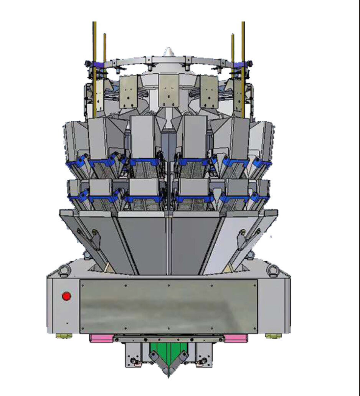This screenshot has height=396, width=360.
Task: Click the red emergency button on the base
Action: (x=67, y=296)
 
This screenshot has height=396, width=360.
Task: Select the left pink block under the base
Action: (x=101, y=338)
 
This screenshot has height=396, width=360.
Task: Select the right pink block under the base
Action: (x=236, y=338)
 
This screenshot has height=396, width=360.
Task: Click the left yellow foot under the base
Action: (x=64, y=336)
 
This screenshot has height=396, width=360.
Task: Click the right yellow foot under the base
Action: (x=273, y=336)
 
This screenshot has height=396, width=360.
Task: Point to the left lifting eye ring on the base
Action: (x=64, y=270)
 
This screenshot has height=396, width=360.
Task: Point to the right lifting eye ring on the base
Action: (x=273, y=270)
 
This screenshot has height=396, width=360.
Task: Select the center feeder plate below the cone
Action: (x=168, y=90)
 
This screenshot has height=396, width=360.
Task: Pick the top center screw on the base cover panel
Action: (x=168, y=285)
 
